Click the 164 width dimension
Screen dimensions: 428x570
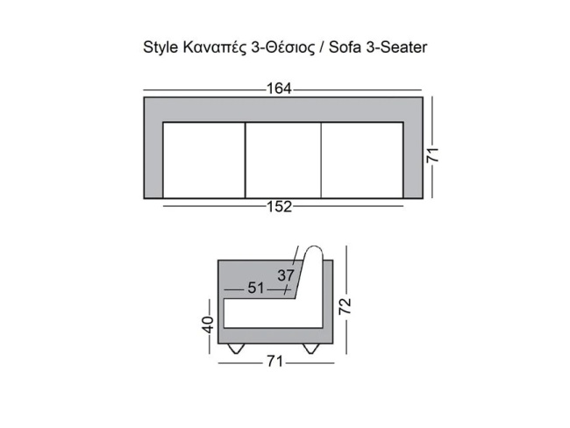(281, 89)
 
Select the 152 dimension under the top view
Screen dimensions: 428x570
(281, 207)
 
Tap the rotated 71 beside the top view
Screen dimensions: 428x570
(432, 154)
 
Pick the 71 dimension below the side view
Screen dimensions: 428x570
(274, 360)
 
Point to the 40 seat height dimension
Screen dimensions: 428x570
(208, 325)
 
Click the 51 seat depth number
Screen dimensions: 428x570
(256, 288)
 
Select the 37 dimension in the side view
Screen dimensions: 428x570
(286, 275)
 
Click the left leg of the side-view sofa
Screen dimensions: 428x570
(236, 348)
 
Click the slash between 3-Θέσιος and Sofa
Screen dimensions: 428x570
(322, 47)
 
